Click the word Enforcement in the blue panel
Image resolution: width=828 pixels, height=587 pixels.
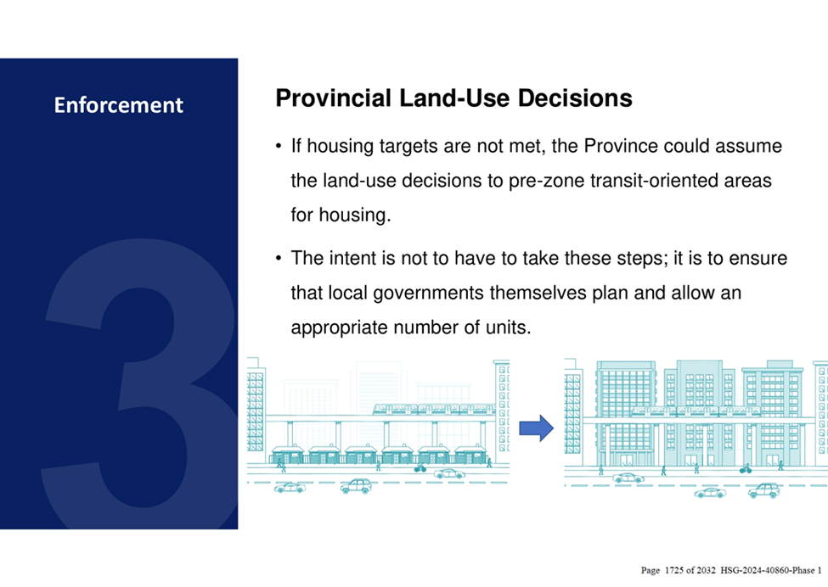118,105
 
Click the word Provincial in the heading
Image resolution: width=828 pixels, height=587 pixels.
333,98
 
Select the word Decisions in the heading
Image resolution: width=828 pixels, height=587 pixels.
575,98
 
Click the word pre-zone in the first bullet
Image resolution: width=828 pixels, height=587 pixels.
547,181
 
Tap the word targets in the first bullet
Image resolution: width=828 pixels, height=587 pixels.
408,147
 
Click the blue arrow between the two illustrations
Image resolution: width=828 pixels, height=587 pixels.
537,428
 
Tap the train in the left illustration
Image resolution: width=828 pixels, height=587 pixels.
434,409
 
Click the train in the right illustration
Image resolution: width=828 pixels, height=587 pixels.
696,411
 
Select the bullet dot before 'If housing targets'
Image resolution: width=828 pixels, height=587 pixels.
279,146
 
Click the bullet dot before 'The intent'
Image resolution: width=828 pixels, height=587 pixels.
279,259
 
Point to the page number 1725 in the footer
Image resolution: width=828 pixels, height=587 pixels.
673,570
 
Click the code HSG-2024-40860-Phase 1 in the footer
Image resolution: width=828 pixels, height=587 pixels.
771,570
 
